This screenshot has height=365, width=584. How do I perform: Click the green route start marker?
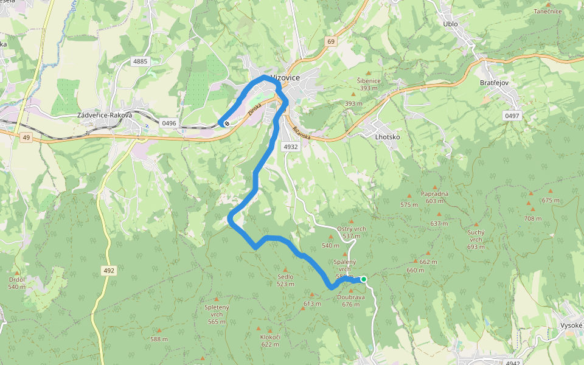pyautogui.click(x=363, y=279)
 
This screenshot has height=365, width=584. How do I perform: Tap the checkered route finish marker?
pyautogui.click(x=226, y=123)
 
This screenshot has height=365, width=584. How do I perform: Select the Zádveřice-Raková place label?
pyautogui.click(x=105, y=114)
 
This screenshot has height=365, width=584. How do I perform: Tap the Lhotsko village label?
pyautogui.click(x=387, y=137)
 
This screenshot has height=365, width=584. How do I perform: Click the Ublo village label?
pyautogui.click(x=451, y=24)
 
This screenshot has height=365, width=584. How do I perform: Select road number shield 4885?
pyautogui.click(x=141, y=61)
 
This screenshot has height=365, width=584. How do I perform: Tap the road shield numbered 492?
pyautogui.click(x=108, y=270)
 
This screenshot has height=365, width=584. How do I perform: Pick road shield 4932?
pyautogui.click(x=291, y=147)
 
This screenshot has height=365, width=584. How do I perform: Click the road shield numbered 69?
pyautogui.click(x=330, y=41)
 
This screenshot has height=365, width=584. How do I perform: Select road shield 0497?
pyautogui.click(x=512, y=115)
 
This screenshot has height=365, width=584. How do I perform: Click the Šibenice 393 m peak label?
pyautogui.click(x=369, y=84)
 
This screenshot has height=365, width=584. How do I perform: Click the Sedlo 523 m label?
pyautogui.click(x=285, y=280)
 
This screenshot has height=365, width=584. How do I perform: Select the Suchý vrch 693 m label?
pyautogui.click(x=476, y=240)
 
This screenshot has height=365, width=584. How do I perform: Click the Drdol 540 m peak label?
pyautogui.click(x=17, y=283)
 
